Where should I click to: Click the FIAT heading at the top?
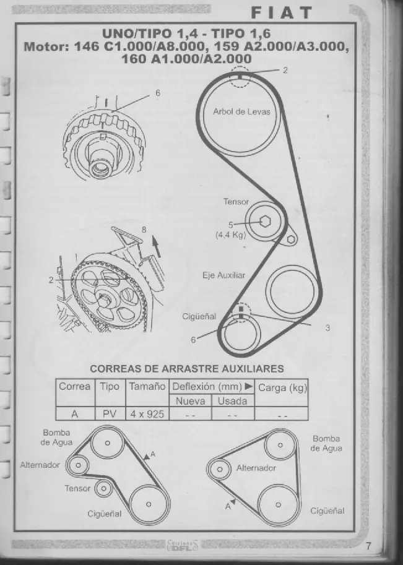[281, 13]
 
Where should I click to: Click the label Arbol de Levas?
[241, 112]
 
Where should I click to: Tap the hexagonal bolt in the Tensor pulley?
[265, 222]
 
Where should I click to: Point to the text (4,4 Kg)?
[231, 235]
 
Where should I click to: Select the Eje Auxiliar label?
[223, 275]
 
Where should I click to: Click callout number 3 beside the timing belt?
[327, 328]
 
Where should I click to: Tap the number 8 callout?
[144, 230]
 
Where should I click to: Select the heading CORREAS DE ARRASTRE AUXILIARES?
[187, 369]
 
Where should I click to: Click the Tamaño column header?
[147, 387]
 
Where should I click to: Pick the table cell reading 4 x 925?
[147, 414]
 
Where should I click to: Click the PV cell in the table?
[110, 414]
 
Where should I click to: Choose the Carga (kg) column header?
[282, 388]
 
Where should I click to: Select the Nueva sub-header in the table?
[190, 401]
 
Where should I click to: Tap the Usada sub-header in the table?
[233, 401]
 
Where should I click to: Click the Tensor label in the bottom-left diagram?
[77, 488]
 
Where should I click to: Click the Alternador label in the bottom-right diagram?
[256, 468]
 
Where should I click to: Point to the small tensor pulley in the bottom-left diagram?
[103, 489]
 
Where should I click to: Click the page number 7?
[368, 546]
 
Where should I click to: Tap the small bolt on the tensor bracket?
[291, 239]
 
